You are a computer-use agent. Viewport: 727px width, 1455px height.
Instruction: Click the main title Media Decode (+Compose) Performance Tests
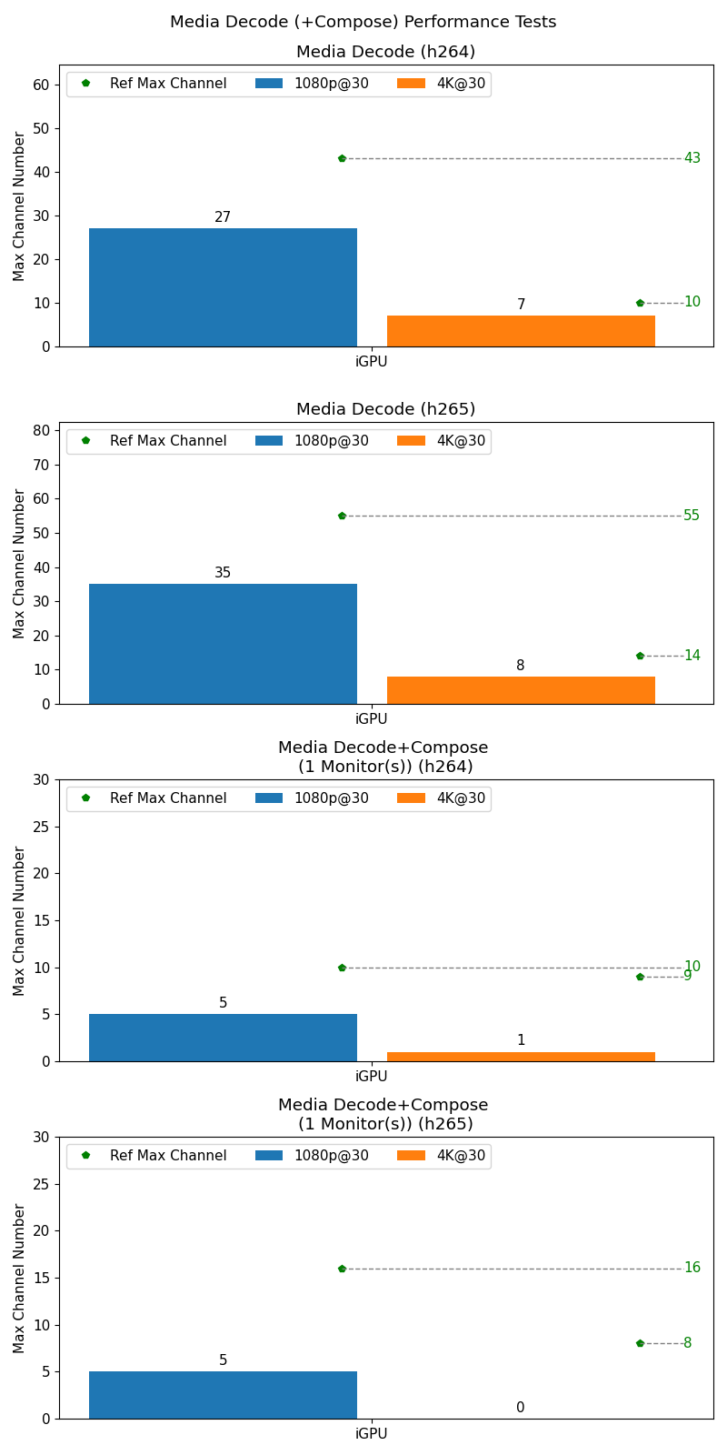(x=363, y=22)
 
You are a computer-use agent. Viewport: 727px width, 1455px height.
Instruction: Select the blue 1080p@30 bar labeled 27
(x=223, y=287)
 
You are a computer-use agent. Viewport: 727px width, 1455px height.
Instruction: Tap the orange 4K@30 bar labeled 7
(x=521, y=331)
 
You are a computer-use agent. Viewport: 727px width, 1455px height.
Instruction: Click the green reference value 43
(x=692, y=158)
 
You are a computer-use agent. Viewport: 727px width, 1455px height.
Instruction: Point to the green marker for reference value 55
(x=342, y=516)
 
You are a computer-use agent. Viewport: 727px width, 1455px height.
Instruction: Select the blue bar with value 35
(x=223, y=644)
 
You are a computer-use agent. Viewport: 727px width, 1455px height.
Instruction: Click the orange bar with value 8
(x=521, y=690)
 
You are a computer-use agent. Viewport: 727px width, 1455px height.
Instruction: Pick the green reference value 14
(x=692, y=656)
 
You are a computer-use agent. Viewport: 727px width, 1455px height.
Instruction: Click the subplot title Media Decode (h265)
(x=385, y=409)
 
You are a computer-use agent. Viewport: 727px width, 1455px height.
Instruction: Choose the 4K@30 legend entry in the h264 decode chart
(x=442, y=84)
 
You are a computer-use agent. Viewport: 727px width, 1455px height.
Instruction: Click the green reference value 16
(x=692, y=1268)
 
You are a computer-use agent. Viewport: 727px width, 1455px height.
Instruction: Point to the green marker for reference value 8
(x=640, y=1343)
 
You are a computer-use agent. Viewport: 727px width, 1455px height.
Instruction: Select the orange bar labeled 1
(x=521, y=1057)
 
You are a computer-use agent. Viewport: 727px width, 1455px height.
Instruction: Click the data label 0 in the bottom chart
(x=521, y=1408)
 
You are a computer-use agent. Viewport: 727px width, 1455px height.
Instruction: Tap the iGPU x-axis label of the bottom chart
(x=371, y=1434)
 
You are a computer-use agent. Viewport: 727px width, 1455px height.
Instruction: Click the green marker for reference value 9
(x=640, y=977)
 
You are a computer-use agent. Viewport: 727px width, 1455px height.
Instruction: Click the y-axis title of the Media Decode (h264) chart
(x=19, y=206)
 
